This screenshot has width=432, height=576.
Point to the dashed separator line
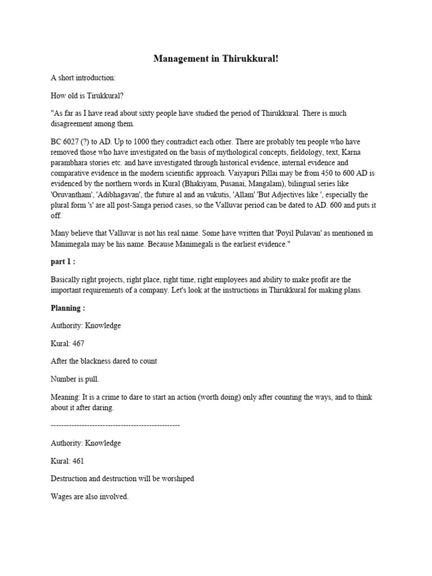115,426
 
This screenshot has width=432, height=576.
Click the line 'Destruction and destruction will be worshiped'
122,479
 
